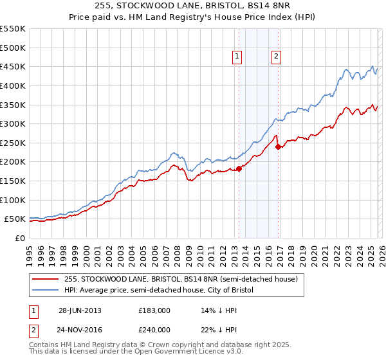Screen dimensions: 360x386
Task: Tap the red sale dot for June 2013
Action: [239, 168]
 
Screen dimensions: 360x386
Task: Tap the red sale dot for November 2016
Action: [278, 147]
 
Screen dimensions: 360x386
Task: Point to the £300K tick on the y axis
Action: [14, 123]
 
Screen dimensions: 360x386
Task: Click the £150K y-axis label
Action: [14, 181]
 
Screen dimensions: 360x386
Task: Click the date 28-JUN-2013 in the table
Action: [80, 310]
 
